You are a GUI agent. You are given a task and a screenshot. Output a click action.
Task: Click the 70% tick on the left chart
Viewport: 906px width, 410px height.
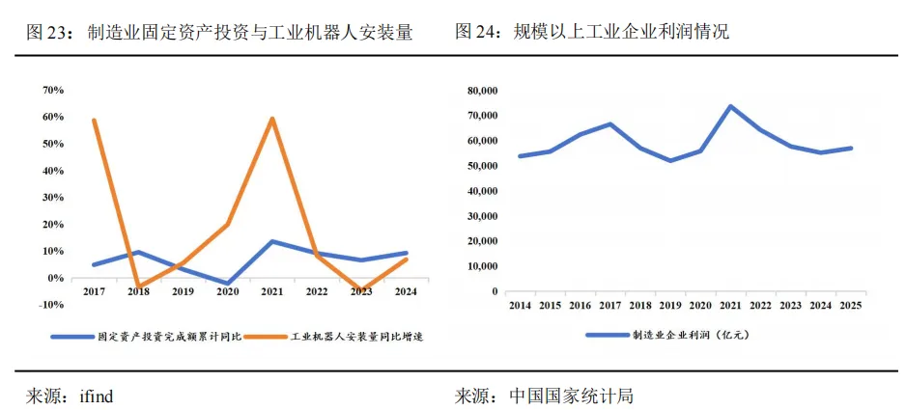tap(52, 91)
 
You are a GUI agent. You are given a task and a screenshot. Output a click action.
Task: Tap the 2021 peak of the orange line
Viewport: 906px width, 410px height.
tap(273, 119)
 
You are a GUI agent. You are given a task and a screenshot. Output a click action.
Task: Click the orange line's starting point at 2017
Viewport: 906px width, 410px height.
tap(94, 121)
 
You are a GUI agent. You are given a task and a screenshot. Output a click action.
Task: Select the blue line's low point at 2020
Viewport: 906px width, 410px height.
tap(228, 284)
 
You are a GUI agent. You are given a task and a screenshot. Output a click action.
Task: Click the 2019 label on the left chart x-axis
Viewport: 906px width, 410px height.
tap(184, 290)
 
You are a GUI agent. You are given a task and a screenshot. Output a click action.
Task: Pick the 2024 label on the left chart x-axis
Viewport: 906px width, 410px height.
tap(406, 290)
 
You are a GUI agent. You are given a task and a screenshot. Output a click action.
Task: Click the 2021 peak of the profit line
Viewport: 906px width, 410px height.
tap(730, 106)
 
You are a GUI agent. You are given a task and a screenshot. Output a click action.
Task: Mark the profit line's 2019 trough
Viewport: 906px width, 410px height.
tap(670, 160)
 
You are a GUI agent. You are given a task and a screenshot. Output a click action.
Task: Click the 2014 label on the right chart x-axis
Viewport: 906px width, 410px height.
tap(520, 305)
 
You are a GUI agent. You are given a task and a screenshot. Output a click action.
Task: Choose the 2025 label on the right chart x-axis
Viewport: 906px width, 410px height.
tap(851, 305)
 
